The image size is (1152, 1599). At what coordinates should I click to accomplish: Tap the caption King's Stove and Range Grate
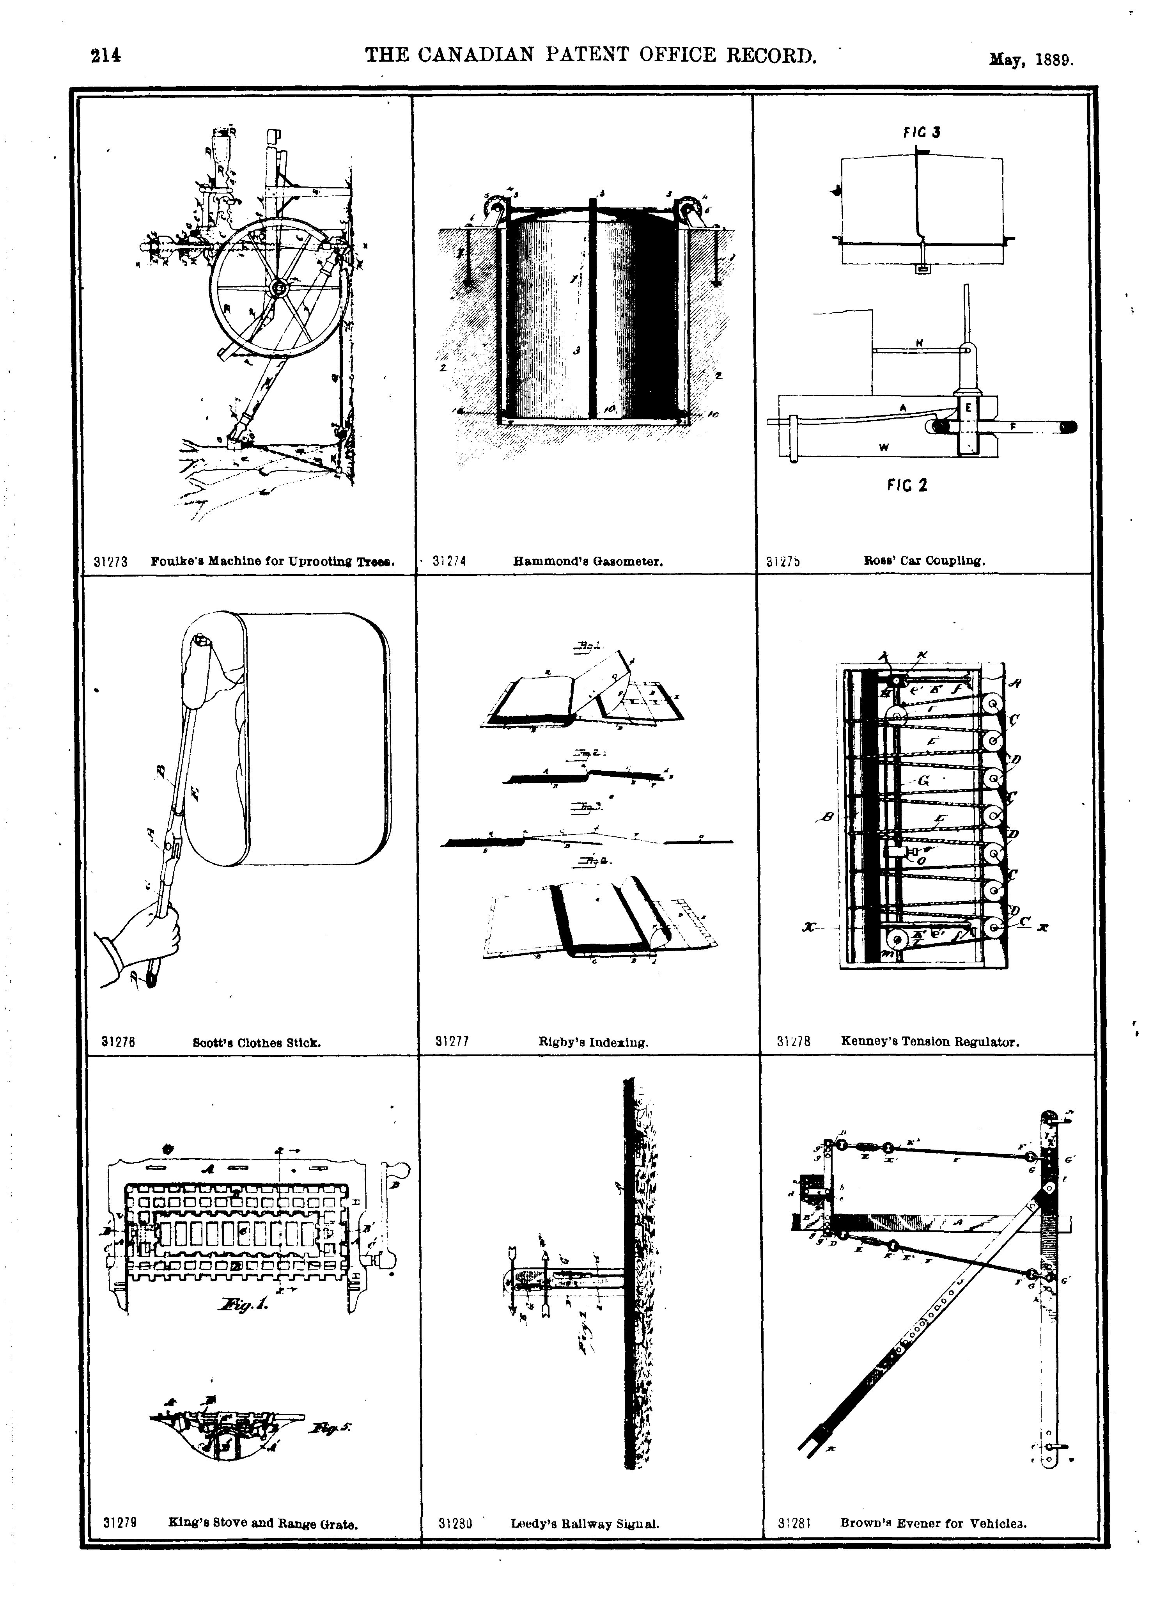coord(263,1522)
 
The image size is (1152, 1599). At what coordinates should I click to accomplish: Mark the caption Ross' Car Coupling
coord(924,561)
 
